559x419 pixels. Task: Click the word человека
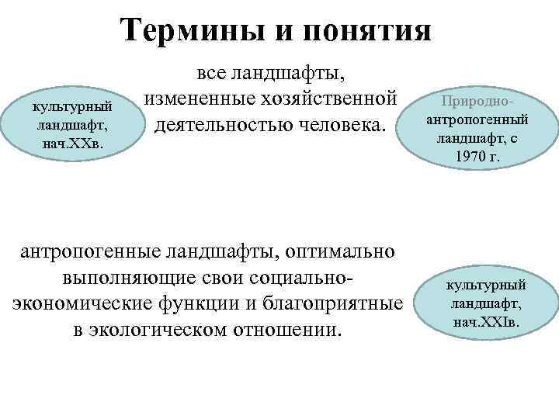(343, 123)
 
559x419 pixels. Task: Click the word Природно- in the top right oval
(479, 102)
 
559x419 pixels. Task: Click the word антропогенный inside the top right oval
(478, 120)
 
